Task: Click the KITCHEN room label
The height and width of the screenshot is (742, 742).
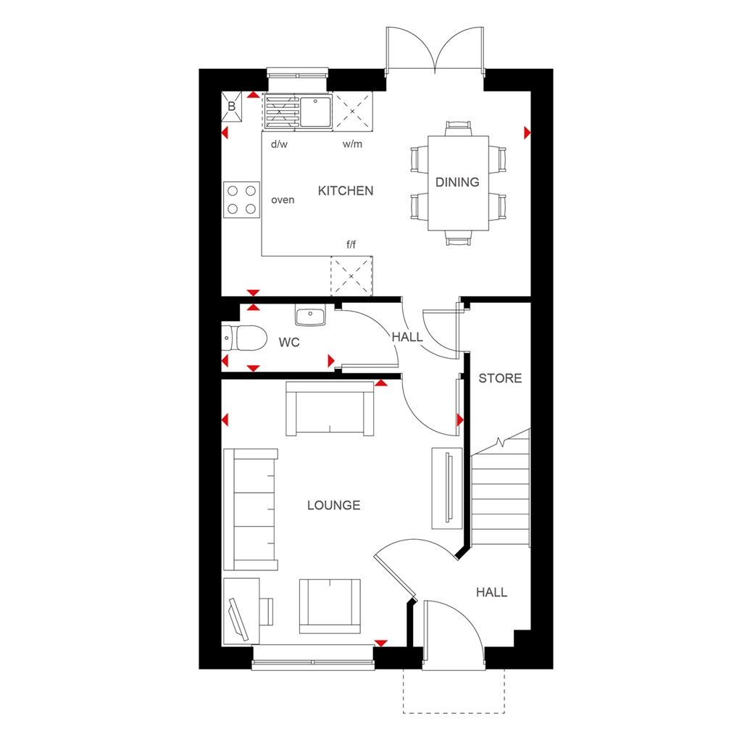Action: pyautogui.click(x=346, y=191)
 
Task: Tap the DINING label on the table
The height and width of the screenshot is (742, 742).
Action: pyautogui.click(x=457, y=183)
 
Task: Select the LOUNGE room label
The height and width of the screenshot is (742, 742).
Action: pyautogui.click(x=333, y=505)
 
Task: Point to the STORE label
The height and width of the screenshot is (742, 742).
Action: pyautogui.click(x=500, y=378)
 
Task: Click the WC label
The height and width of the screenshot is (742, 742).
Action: pyautogui.click(x=289, y=342)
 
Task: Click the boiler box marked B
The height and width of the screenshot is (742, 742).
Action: pyautogui.click(x=232, y=106)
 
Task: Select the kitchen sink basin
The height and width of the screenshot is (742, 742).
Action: pyautogui.click(x=314, y=112)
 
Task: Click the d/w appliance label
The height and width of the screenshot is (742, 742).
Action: pyautogui.click(x=279, y=144)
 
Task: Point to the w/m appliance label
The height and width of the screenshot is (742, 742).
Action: pyautogui.click(x=352, y=144)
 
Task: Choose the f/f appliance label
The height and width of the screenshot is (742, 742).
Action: pyautogui.click(x=351, y=245)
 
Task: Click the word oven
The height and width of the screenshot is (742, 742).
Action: pyautogui.click(x=283, y=199)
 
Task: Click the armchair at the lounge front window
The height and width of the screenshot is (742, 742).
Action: pyautogui.click(x=330, y=605)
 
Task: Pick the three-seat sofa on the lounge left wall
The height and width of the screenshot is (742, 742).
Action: pyautogui.click(x=251, y=509)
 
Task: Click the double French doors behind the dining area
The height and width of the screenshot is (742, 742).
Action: pyautogui.click(x=435, y=49)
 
